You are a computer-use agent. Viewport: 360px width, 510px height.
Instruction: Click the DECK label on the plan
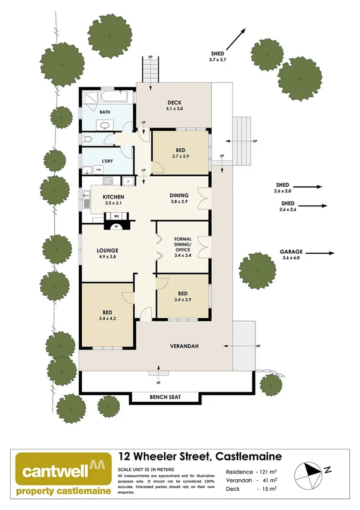coord(174,102)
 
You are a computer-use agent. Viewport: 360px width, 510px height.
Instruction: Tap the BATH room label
coord(105,112)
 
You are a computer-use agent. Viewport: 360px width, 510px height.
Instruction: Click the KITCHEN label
coord(113,197)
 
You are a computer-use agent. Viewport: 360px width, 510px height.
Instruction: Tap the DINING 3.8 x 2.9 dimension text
coord(178,201)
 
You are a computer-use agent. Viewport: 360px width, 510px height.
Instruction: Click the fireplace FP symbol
coord(116,227)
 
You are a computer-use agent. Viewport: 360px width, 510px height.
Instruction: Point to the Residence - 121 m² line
coord(251,471)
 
